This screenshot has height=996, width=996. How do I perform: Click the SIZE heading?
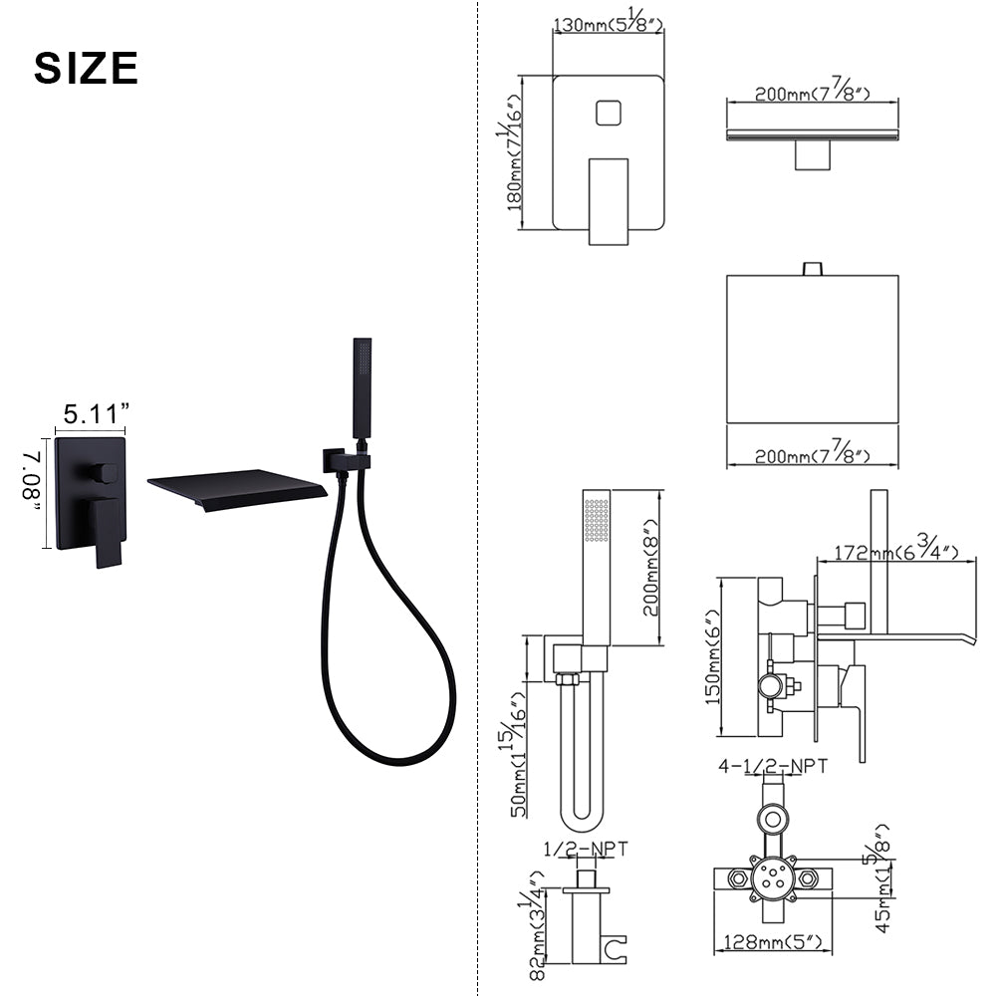[x=86, y=68]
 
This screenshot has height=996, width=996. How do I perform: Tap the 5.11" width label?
[x=96, y=414]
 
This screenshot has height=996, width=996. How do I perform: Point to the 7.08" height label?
[x=32, y=481]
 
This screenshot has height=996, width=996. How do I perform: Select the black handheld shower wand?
[x=362, y=387]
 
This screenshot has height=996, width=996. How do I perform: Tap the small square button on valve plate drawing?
[x=608, y=114]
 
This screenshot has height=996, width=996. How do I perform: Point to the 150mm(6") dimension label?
[x=713, y=656]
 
